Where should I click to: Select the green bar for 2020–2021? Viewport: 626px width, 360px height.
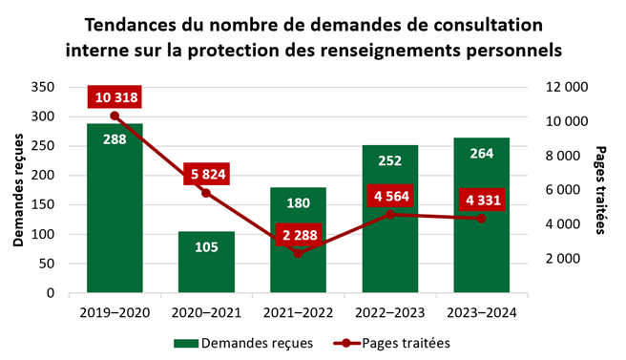point(206,263)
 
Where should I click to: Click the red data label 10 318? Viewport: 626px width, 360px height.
point(115,96)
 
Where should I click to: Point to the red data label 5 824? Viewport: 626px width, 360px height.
point(206,174)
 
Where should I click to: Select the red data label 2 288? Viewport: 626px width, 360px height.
point(298,234)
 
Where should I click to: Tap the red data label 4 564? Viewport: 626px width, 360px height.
point(389,197)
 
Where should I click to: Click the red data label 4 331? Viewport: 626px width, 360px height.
point(480,201)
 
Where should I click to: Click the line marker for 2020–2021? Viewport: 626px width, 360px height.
point(206,193)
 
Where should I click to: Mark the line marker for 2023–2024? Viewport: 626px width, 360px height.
point(481,219)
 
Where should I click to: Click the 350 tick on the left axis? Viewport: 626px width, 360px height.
point(44,87)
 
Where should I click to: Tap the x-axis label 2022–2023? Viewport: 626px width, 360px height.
point(389,310)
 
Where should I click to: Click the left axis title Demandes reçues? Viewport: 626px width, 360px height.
point(18,190)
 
